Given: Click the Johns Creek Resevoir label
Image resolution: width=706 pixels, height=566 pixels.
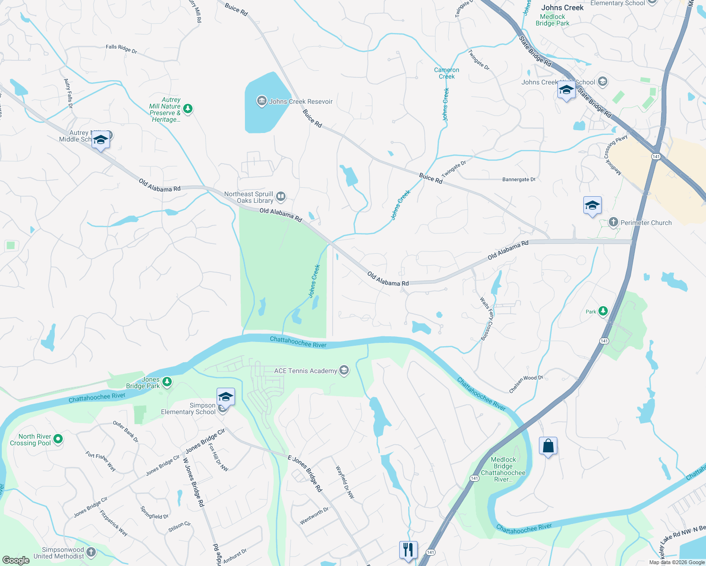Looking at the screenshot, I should tap(301, 101).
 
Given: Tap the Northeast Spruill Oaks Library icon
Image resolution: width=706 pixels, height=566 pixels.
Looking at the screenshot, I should tap(281, 196).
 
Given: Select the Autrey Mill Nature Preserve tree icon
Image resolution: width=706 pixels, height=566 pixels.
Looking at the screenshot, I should tap(188, 109).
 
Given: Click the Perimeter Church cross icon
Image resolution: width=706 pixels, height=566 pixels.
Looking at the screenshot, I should tap(613, 222).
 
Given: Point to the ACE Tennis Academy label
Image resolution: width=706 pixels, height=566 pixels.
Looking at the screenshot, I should tap(305, 371).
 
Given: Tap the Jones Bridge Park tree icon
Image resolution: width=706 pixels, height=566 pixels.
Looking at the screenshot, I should tap(167, 382).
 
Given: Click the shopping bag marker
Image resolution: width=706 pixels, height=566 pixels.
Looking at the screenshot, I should tap(548, 446).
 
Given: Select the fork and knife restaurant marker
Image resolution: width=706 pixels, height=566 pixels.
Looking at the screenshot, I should tap(408, 550).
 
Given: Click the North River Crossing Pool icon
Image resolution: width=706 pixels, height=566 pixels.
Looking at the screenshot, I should tap(58, 439).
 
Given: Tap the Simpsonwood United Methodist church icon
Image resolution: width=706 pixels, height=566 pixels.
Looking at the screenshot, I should tap(91, 552).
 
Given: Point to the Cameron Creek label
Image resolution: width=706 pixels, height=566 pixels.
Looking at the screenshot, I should tap(446, 73).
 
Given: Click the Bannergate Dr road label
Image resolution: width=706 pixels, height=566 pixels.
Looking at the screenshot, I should tap(519, 179).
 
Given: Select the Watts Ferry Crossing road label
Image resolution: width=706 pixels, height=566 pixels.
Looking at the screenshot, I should tap(486, 318).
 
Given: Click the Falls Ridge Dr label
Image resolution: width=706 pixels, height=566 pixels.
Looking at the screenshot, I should tap(121, 49).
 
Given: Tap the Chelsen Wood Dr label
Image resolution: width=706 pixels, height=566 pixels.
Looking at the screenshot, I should tap(526, 383).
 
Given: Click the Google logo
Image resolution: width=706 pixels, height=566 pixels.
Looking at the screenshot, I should tap(16, 560).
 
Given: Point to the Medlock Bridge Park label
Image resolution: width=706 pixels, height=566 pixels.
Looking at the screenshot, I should tap(553, 20).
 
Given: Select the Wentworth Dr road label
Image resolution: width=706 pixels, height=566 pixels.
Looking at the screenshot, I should tap(314, 516).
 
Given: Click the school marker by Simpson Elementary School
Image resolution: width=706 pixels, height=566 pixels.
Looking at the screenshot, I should tap(226, 398).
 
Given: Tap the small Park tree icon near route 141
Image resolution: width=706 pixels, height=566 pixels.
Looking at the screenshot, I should tap(603, 311).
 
